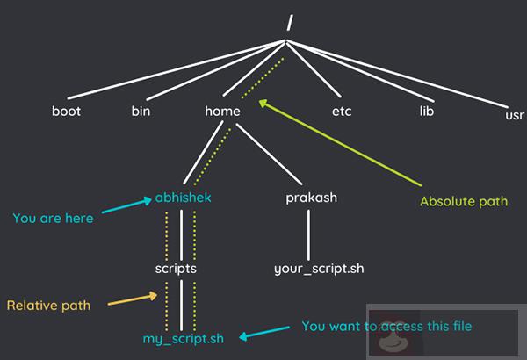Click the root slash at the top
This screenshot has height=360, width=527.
pyautogui.click(x=288, y=25)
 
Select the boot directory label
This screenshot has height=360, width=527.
pyautogui.click(x=66, y=112)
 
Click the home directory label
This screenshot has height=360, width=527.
pyautogui.click(x=221, y=112)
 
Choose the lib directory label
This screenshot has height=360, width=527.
pyautogui.click(x=427, y=112)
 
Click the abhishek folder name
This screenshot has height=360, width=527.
pyautogui.click(x=183, y=198)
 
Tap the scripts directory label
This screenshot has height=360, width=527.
pyautogui.click(x=175, y=268)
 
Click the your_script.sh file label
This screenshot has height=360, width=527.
pyautogui.click(x=318, y=268)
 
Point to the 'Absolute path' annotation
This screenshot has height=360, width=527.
pyautogui.click(x=464, y=201)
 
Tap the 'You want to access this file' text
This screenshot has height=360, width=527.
pyautogui.click(x=386, y=326)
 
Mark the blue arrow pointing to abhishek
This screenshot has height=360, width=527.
pyautogui.click(x=127, y=208)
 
